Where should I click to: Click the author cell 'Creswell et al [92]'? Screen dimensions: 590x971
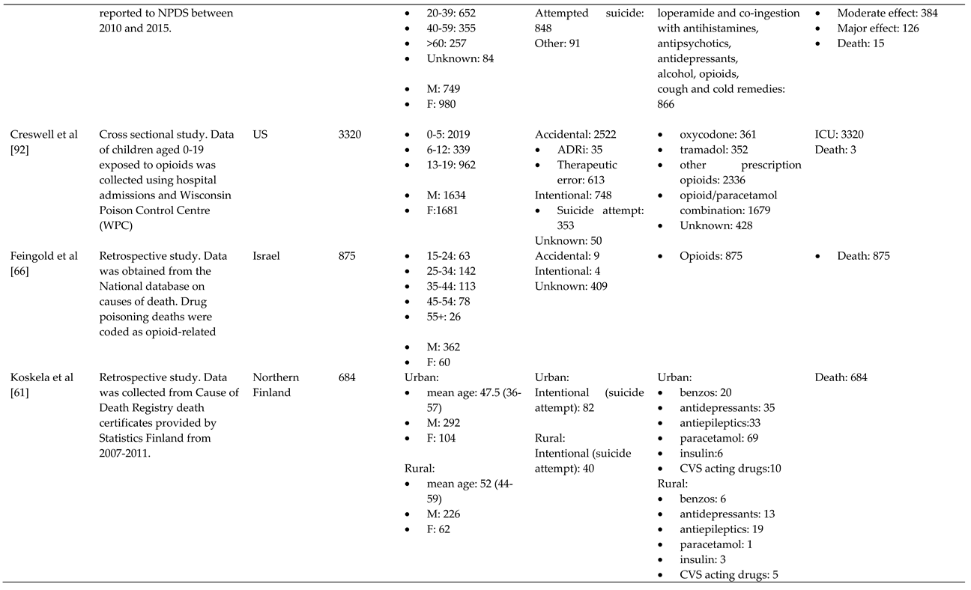[x=43, y=142]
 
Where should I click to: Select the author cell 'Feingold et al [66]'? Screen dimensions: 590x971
[x=43, y=264]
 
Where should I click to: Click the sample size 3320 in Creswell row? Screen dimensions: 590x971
[x=350, y=135]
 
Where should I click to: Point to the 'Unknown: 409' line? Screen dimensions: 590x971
[x=571, y=286]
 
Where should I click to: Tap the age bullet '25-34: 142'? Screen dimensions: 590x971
[x=450, y=271]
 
